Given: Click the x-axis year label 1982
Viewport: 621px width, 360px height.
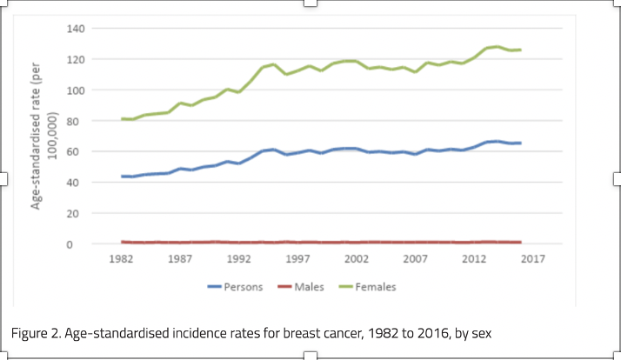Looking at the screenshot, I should pos(122,259).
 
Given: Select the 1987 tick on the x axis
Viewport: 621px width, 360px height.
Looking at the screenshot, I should pos(181,259).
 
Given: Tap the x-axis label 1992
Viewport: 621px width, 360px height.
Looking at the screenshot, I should pos(240,259).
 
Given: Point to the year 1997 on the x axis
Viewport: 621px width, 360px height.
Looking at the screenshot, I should pos(298,259).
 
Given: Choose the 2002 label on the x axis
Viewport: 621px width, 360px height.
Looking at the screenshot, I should pos(357,259).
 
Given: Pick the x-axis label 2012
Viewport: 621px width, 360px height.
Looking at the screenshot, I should pos(475,259).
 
